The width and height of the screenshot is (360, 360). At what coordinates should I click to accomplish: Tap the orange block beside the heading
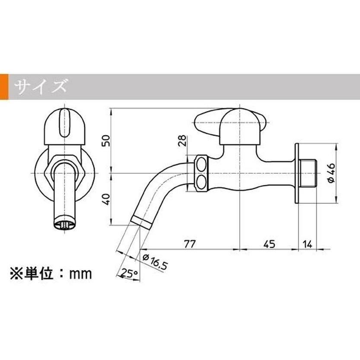tap(4, 87)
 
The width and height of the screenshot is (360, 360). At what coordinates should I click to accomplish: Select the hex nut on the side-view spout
tap(201, 173)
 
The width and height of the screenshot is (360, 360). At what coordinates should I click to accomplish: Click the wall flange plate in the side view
tap(297, 173)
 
